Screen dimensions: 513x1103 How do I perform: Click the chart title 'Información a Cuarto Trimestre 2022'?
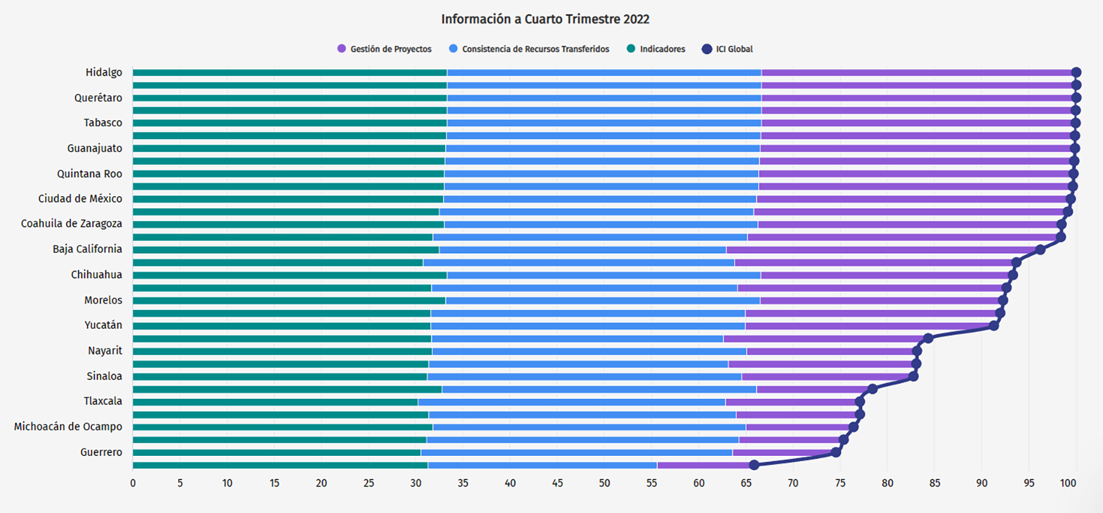(x=545, y=19)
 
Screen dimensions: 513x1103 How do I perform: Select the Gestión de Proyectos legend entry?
(x=385, y=49)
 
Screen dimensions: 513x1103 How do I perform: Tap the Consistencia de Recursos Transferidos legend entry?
(x=530, y=49)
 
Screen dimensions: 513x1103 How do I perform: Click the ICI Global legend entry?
(x=728, y=49)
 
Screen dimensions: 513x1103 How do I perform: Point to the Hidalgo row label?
(x=104, y=72)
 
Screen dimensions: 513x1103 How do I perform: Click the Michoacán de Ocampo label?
(x=68, y=426)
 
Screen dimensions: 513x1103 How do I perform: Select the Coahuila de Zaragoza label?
(x=72, y=224)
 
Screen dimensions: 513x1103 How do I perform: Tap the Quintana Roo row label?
(x=90, y=174)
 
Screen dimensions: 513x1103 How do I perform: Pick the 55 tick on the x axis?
(x=651, y=483)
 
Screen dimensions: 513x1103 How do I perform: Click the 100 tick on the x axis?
(x=1068, y=483)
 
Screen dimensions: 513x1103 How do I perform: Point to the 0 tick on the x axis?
(x=133, y=483)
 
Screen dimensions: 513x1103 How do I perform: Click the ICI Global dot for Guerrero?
(x=836, y=452)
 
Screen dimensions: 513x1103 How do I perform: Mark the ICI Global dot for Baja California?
(x=1040, y=250)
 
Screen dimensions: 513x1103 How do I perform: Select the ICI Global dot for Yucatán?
(x=994, y=325)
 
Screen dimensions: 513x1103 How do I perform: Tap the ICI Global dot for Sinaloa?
(x=913, y=376)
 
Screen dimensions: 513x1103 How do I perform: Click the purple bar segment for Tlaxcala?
(x=792, y=402)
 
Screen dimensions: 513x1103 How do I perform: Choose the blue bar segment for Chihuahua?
(x=604, y=275)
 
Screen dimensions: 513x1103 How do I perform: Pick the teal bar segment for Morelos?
(x=289, y=300)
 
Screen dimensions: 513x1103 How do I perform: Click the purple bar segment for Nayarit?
(x=830, y=351)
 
